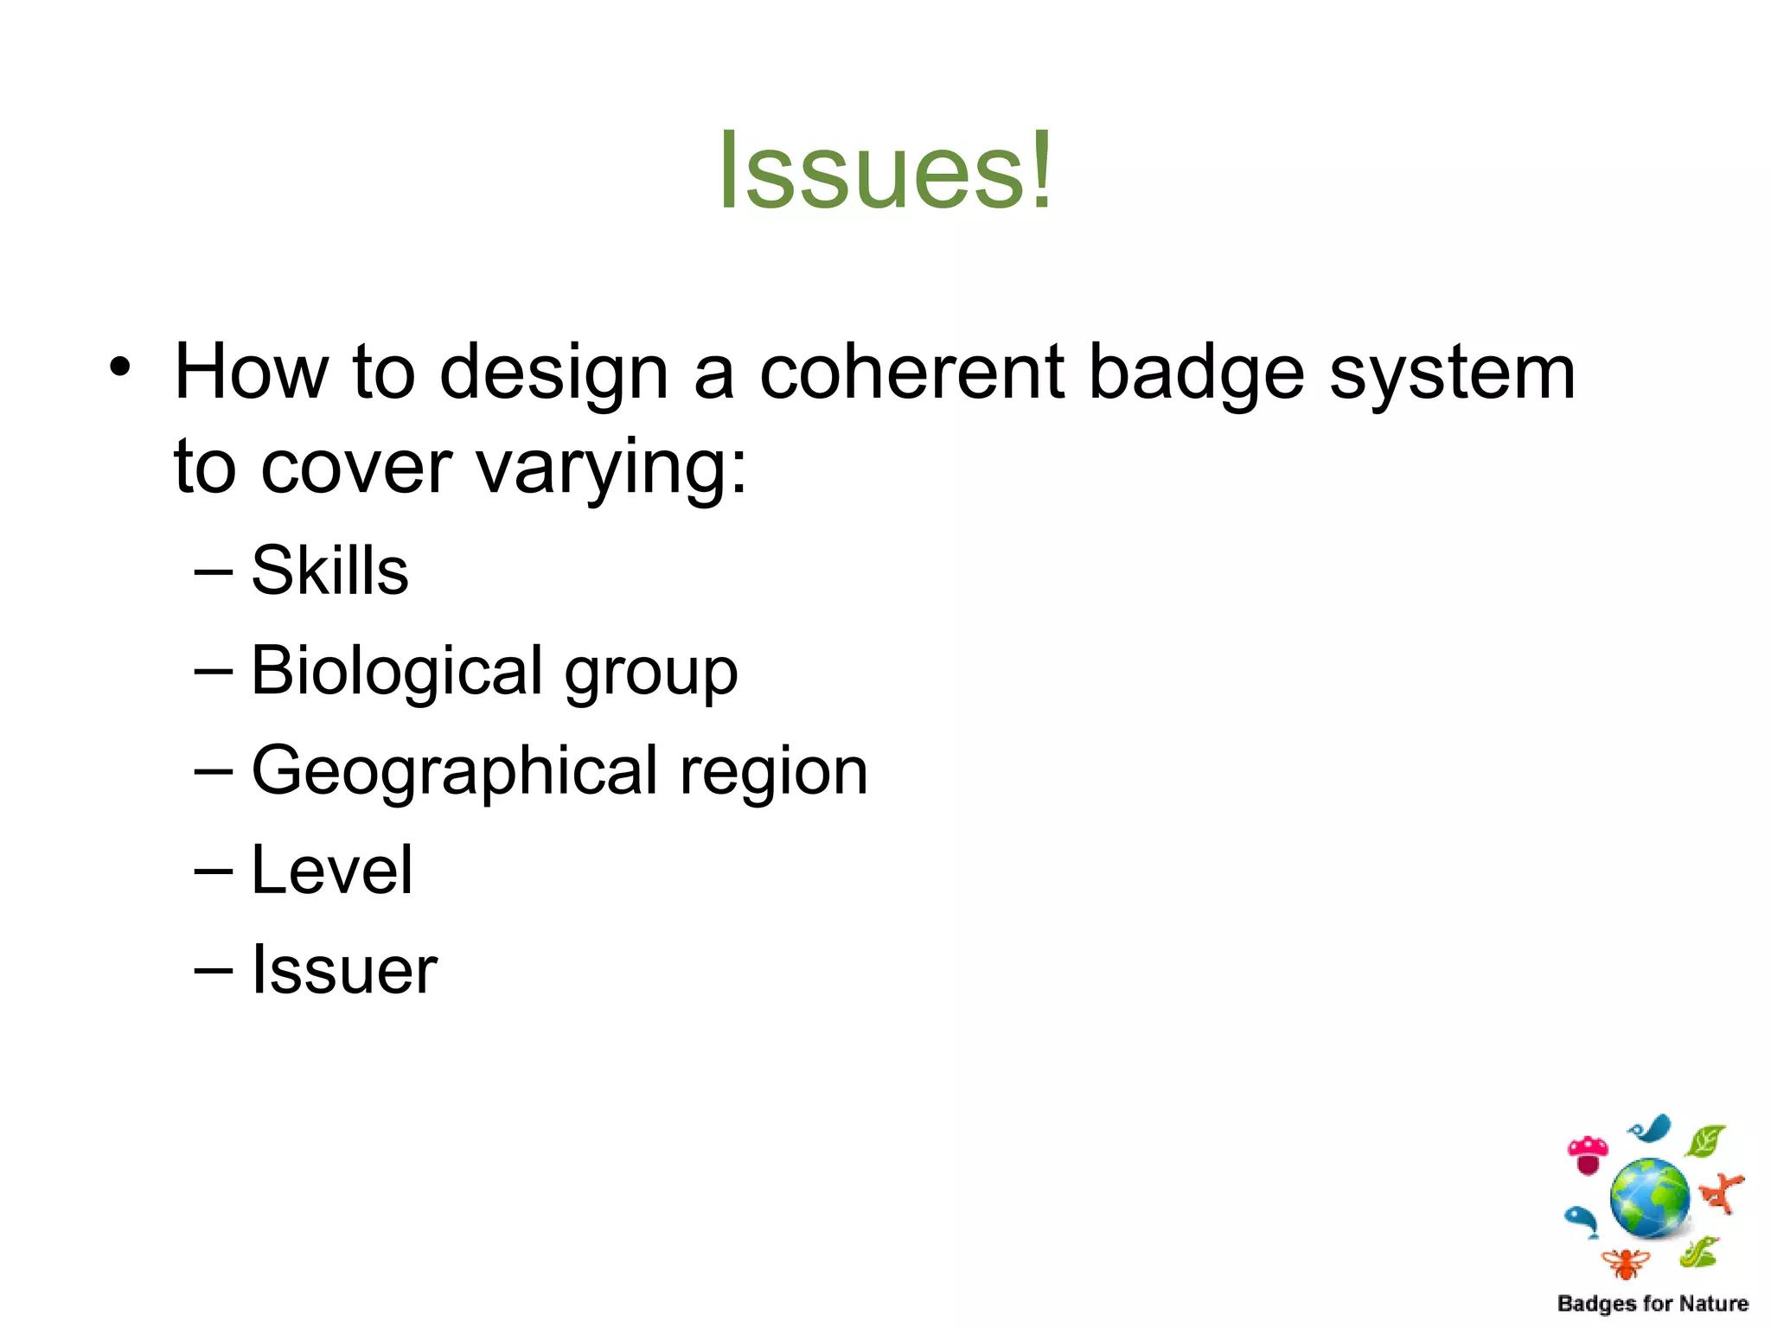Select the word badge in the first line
[x=1196, y=373]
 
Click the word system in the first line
[x=1452, y=373]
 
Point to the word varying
[x=611, y=468]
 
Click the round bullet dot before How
[x=120, y=367]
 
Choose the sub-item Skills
[x=329, y=571]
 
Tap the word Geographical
[x=455, y=771]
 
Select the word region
[x=773, y=771]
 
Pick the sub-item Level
[x=332, y=870]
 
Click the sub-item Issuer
[x=344, y=970]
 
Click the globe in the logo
[x=1649, y=1198]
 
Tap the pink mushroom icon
[x=1588, y=1154]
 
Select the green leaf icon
[x=1705, y=1141]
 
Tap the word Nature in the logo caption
[x=1713, y=1304]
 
